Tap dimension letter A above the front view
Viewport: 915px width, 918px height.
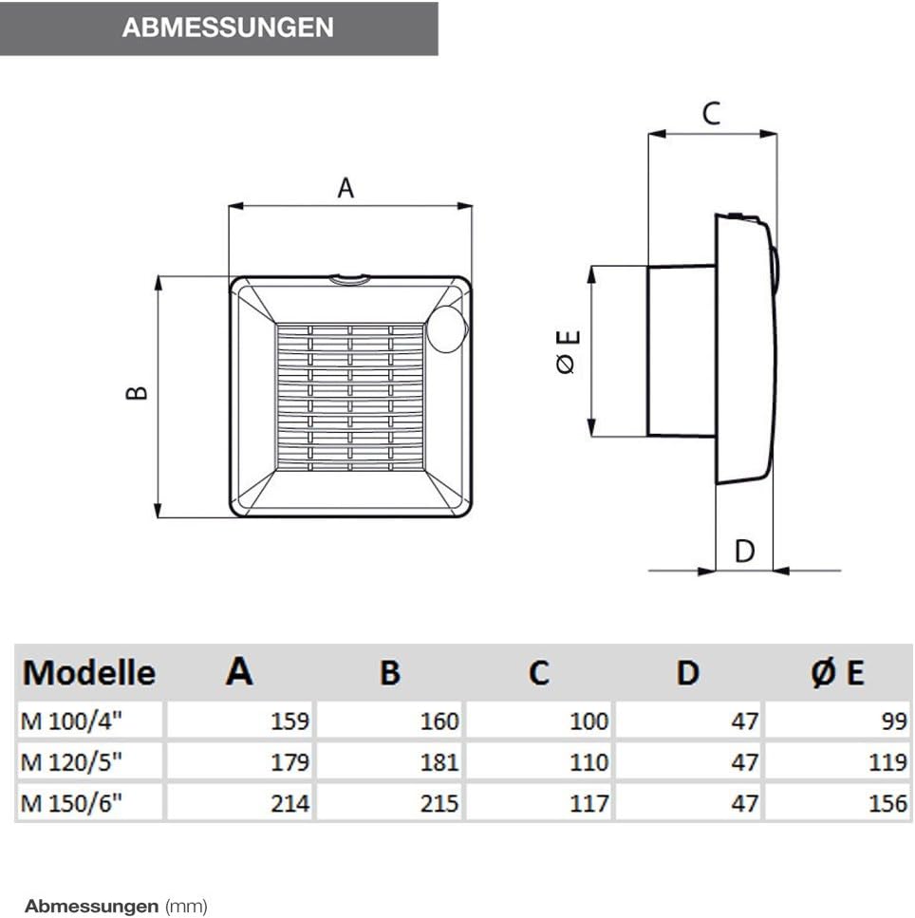click(346, 188)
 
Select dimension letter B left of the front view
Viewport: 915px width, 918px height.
click(138, 392)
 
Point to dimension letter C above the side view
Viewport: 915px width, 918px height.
click(711, 114)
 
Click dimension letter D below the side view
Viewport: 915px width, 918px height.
click(745, 551)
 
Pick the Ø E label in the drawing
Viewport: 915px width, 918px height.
click(568, 351)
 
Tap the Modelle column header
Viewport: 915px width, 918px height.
click(89, 672)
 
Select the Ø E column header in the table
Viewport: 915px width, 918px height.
click(838, 672)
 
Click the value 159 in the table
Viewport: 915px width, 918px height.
click(289, 721)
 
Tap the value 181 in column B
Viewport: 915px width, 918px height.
click(439, 762)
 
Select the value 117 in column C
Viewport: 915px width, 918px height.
click(588, 803)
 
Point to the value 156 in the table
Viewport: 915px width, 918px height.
click(887, 803)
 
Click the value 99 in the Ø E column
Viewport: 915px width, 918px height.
click(894, 721)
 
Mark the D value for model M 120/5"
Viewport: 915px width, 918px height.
click(745, 762)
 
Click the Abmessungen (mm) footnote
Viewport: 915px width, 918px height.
click(115, 906)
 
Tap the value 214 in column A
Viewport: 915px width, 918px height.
click(289, 803)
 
